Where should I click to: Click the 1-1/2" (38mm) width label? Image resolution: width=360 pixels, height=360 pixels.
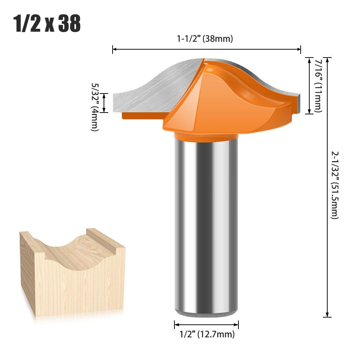(x=205, y=39)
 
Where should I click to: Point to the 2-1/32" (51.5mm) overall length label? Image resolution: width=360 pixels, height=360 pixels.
(x=335, y=185)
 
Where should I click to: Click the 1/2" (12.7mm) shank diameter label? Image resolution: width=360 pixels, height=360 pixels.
(x=207, y=334)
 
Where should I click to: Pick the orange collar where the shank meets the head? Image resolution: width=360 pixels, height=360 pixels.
(x=206, y=137)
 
